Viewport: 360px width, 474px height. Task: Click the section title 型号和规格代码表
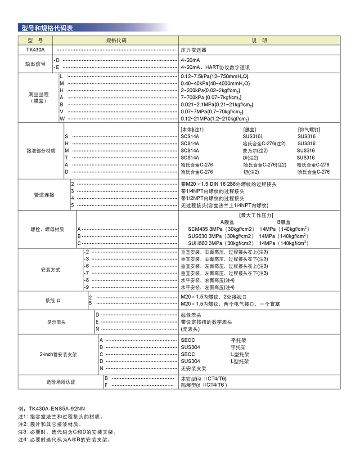47,28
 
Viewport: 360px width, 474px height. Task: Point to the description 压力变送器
193,50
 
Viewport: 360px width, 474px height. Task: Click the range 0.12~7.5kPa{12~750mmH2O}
215,76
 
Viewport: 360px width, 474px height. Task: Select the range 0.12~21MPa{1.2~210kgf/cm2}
215,119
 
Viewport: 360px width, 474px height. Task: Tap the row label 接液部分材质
41,151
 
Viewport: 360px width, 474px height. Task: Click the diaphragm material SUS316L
253,136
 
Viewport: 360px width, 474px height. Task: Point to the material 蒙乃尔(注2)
255,151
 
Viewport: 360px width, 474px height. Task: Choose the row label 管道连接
44,195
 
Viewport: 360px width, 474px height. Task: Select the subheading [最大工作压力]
256,215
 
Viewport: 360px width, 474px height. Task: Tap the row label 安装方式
50,270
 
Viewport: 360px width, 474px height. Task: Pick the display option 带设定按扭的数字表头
207,322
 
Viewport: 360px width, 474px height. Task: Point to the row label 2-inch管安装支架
58,354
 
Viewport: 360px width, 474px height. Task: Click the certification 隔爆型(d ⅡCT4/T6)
204,385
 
